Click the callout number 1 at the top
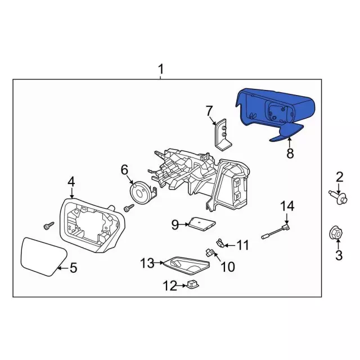pos(161,70)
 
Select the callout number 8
pos(290,153)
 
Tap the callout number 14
pos(287,207)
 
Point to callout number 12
pos(170,286)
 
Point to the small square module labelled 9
pos(201,223)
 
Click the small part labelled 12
pos(192,286)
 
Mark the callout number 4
pos(71,181)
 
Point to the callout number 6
pos(124,169)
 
